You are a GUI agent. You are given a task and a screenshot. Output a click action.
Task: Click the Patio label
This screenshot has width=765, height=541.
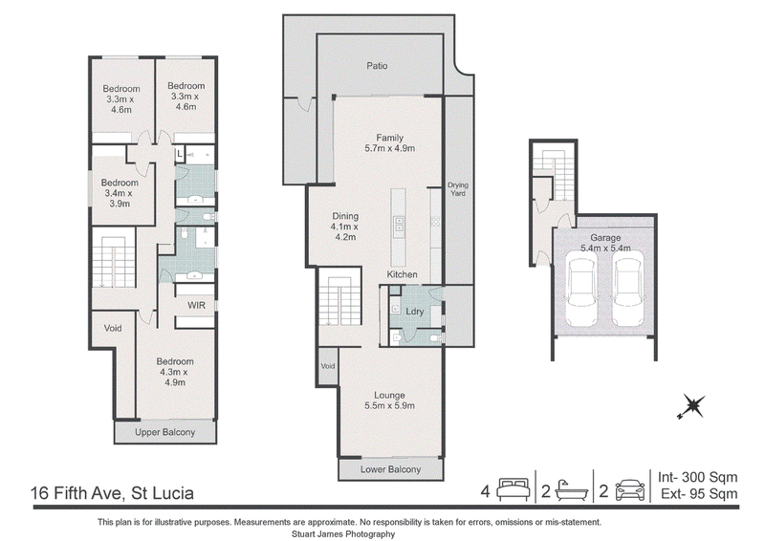(x=377, y=66)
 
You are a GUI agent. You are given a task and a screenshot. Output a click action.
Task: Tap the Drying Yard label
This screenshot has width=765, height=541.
(x=458, y=189)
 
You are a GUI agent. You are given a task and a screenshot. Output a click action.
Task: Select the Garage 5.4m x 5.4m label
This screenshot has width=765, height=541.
(x=605, y=243)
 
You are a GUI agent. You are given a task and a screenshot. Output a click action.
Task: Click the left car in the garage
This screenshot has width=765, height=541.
(x=581, y=292)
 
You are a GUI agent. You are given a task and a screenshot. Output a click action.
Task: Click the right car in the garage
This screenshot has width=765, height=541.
(x=629, y=292)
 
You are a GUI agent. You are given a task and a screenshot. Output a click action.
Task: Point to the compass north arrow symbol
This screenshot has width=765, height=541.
(x=691, y=406)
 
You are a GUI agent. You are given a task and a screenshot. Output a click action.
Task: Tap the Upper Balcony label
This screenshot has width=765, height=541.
(x=164, y=432)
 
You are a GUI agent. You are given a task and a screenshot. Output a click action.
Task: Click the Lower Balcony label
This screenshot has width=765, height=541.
(x=390, y=469)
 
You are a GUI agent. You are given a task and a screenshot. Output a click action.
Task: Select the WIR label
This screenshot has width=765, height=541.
(x=197, y=305)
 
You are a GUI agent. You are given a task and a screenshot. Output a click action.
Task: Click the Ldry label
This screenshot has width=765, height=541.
(x=415, y=312)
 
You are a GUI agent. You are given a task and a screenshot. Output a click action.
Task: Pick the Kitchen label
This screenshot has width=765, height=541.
(x=402, y=274)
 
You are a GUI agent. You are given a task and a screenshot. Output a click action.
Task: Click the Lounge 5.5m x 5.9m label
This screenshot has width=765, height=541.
(x=389, y=400)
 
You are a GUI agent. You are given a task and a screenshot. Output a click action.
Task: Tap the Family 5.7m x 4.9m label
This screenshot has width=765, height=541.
(x=390, y=143)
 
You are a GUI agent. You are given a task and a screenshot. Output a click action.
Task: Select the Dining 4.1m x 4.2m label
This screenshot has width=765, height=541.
(x=345, y=227)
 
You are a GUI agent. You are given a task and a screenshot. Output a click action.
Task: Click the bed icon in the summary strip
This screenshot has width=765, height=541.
(x=514, y=489)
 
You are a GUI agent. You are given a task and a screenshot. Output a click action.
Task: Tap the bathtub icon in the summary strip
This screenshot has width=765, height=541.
(x=572, y=489)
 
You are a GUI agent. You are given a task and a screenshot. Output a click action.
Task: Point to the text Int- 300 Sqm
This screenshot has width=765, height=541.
(x=698, y=477)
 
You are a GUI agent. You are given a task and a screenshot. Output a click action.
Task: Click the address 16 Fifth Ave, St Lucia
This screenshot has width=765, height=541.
(x=112, y=493)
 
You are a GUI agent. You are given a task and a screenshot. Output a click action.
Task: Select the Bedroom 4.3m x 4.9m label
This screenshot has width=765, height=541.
(x=175, y=372)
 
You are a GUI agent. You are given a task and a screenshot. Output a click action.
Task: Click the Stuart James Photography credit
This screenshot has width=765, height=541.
(x=343, y=534)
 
